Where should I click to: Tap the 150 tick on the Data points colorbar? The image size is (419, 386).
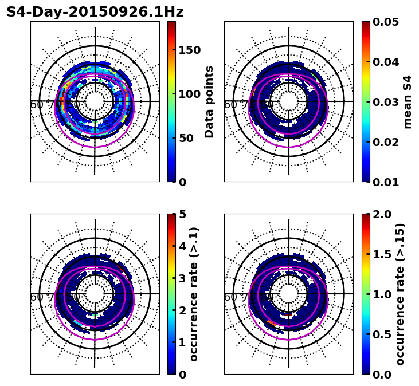coord(190,50)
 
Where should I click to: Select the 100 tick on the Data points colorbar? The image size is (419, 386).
coord(190,94)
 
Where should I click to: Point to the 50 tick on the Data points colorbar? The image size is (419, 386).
coord(186,138)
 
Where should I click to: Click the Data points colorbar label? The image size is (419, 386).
coord(209,102)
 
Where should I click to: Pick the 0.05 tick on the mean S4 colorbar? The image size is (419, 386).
coord(386,22)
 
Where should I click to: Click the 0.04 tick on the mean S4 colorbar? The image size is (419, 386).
coord(386,62)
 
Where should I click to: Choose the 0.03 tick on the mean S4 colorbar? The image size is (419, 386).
coord(386,102)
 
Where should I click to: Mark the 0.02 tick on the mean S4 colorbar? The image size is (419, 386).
coord(386,142)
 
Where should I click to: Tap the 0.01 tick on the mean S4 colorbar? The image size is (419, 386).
coord(386,182)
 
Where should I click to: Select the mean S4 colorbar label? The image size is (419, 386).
coord(408,102)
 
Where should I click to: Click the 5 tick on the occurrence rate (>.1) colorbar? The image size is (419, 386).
coord(183,214)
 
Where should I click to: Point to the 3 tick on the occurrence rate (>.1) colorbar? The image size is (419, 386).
coord(183,278)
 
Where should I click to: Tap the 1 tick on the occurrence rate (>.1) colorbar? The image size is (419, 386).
coord(183,342)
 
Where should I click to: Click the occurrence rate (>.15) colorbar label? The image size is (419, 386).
coord(400,294)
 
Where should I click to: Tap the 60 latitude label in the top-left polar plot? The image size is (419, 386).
coord(37,105)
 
